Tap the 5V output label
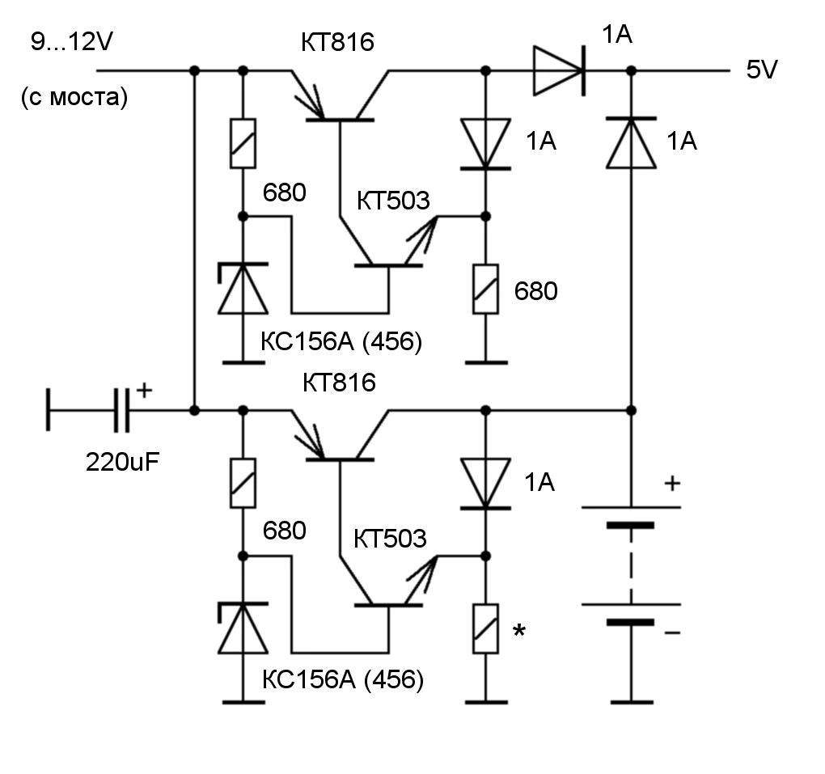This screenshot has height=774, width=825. (761, 70)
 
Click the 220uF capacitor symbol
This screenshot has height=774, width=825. (121, 411)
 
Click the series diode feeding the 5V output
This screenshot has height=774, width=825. (558, 71)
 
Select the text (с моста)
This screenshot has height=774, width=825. (74, 99)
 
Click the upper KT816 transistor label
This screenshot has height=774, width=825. (338, 41)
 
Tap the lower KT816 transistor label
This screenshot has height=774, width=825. (339, 382)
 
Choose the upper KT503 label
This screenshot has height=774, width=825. (392, 200)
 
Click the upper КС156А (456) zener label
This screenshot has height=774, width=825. (341, 342)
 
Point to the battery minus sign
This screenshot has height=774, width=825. (671, 632)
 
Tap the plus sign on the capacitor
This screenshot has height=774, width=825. (143, 390)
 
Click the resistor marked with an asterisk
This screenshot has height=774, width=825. (485, 628)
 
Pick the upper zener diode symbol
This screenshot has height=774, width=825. (243, 289)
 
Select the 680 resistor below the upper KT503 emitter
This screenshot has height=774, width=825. (485, 289)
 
